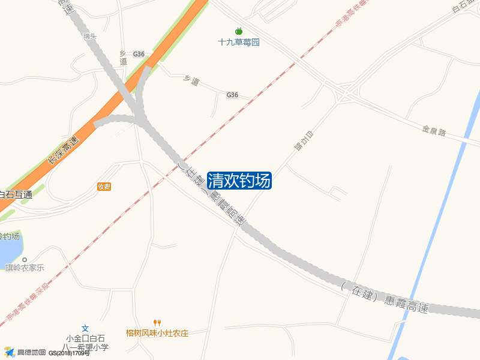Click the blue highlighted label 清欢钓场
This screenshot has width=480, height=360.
[x=239, y=181]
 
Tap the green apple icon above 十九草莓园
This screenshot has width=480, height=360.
[x=239, y=31]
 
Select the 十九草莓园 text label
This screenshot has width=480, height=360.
[x=238, y=43]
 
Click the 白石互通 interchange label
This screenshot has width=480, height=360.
[x=14, y=194]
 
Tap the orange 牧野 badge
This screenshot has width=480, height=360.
[x=104, y=187]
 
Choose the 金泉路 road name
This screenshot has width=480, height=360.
[x=434, y=131]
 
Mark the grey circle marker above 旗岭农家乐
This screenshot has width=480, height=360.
[x=25, y=259]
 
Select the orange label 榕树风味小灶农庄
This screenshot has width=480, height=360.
[x=157, y=333]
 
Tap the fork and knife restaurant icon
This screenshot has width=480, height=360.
[x=157, y=323]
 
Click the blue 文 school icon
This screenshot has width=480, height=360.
[x=85, y=328]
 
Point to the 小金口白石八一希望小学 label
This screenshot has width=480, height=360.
[x=86, y=343]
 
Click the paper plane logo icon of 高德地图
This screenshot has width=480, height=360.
[x=9, y=352]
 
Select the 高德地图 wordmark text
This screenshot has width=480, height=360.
[x=31, y=353]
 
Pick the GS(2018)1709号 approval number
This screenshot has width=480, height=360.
[x=69, y=353]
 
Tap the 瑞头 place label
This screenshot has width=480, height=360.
[x=90, y=36]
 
